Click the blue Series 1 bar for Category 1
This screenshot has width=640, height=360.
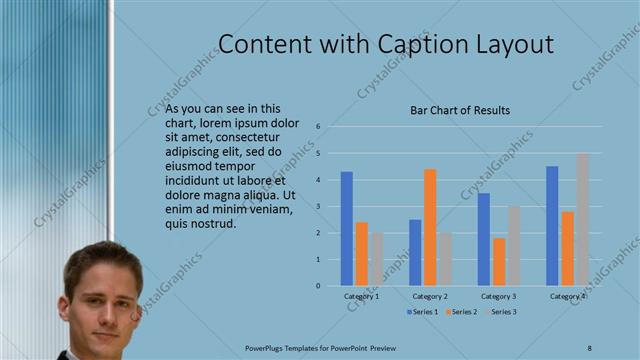pyautogui.click(x=347, y=229)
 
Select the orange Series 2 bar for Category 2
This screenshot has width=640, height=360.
pyautogui.click(x=430, y=227)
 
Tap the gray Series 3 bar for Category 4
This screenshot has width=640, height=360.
pyautogui.click(x=582, y=219)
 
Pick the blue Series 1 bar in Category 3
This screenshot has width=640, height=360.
pyautogui.click(x=484, y=239)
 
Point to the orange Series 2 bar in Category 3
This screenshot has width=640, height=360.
pyautogui.click(x=498, y=261)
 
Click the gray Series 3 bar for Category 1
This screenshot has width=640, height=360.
pyautogui.click(x=375, y=259)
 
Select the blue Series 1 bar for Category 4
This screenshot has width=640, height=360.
pyautogui.click(x=552, y=226)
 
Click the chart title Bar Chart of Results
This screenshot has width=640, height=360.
pyautogui.click(x=461, y=110)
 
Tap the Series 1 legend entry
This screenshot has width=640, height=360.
pyautogui.click(x=422, y=313)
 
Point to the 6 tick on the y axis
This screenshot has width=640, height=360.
pyautogui.click(x=317, y=127)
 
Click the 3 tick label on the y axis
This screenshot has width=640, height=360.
pyautogui.click(x=317, y=206)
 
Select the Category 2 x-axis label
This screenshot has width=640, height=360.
pyautogui.click(x=430, y=296)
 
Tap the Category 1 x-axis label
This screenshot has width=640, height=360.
pyautogui.click(x=361, y=296)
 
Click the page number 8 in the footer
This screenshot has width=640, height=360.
pyautogui.click(x=589, y=347)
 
